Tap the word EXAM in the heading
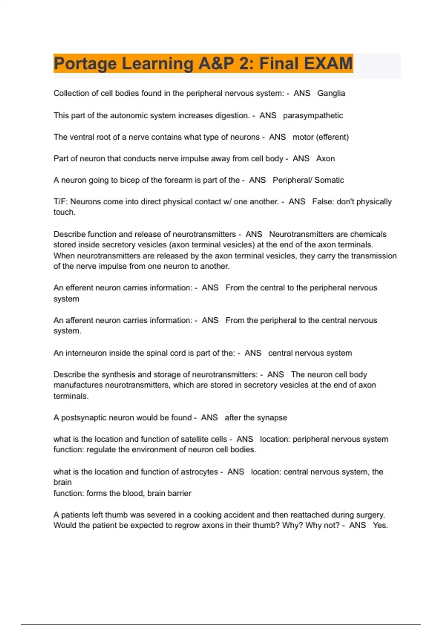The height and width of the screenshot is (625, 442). pos(329,63)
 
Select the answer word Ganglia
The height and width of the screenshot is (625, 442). pos(331,93)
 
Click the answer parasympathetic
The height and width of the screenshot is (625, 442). pos(313,115)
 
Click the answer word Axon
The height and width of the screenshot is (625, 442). pos(326,159)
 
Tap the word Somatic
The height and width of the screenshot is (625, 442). pos(329,180)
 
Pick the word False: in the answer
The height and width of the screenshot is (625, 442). pos(323,202)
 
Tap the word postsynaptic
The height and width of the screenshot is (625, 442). pos(84,418)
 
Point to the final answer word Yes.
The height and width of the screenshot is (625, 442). pos(380,526)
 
